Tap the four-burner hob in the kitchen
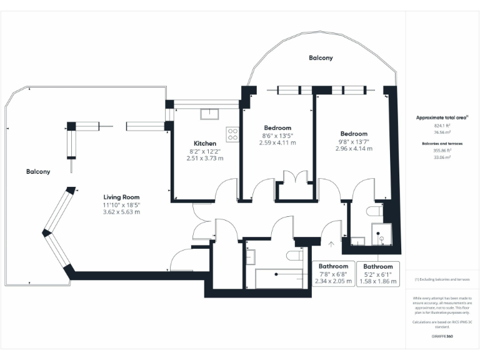tap(232, 134)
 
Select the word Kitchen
tap(205, 143)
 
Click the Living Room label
tap(121, 197)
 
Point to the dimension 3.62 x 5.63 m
tap(121, 212)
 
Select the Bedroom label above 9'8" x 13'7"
tap(354, 134)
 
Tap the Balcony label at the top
tap(321, 58)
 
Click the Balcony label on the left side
tap(38, 171)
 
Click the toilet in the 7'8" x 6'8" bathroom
tap(294, 256)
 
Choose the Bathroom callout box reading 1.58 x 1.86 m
tap(378, 274)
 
